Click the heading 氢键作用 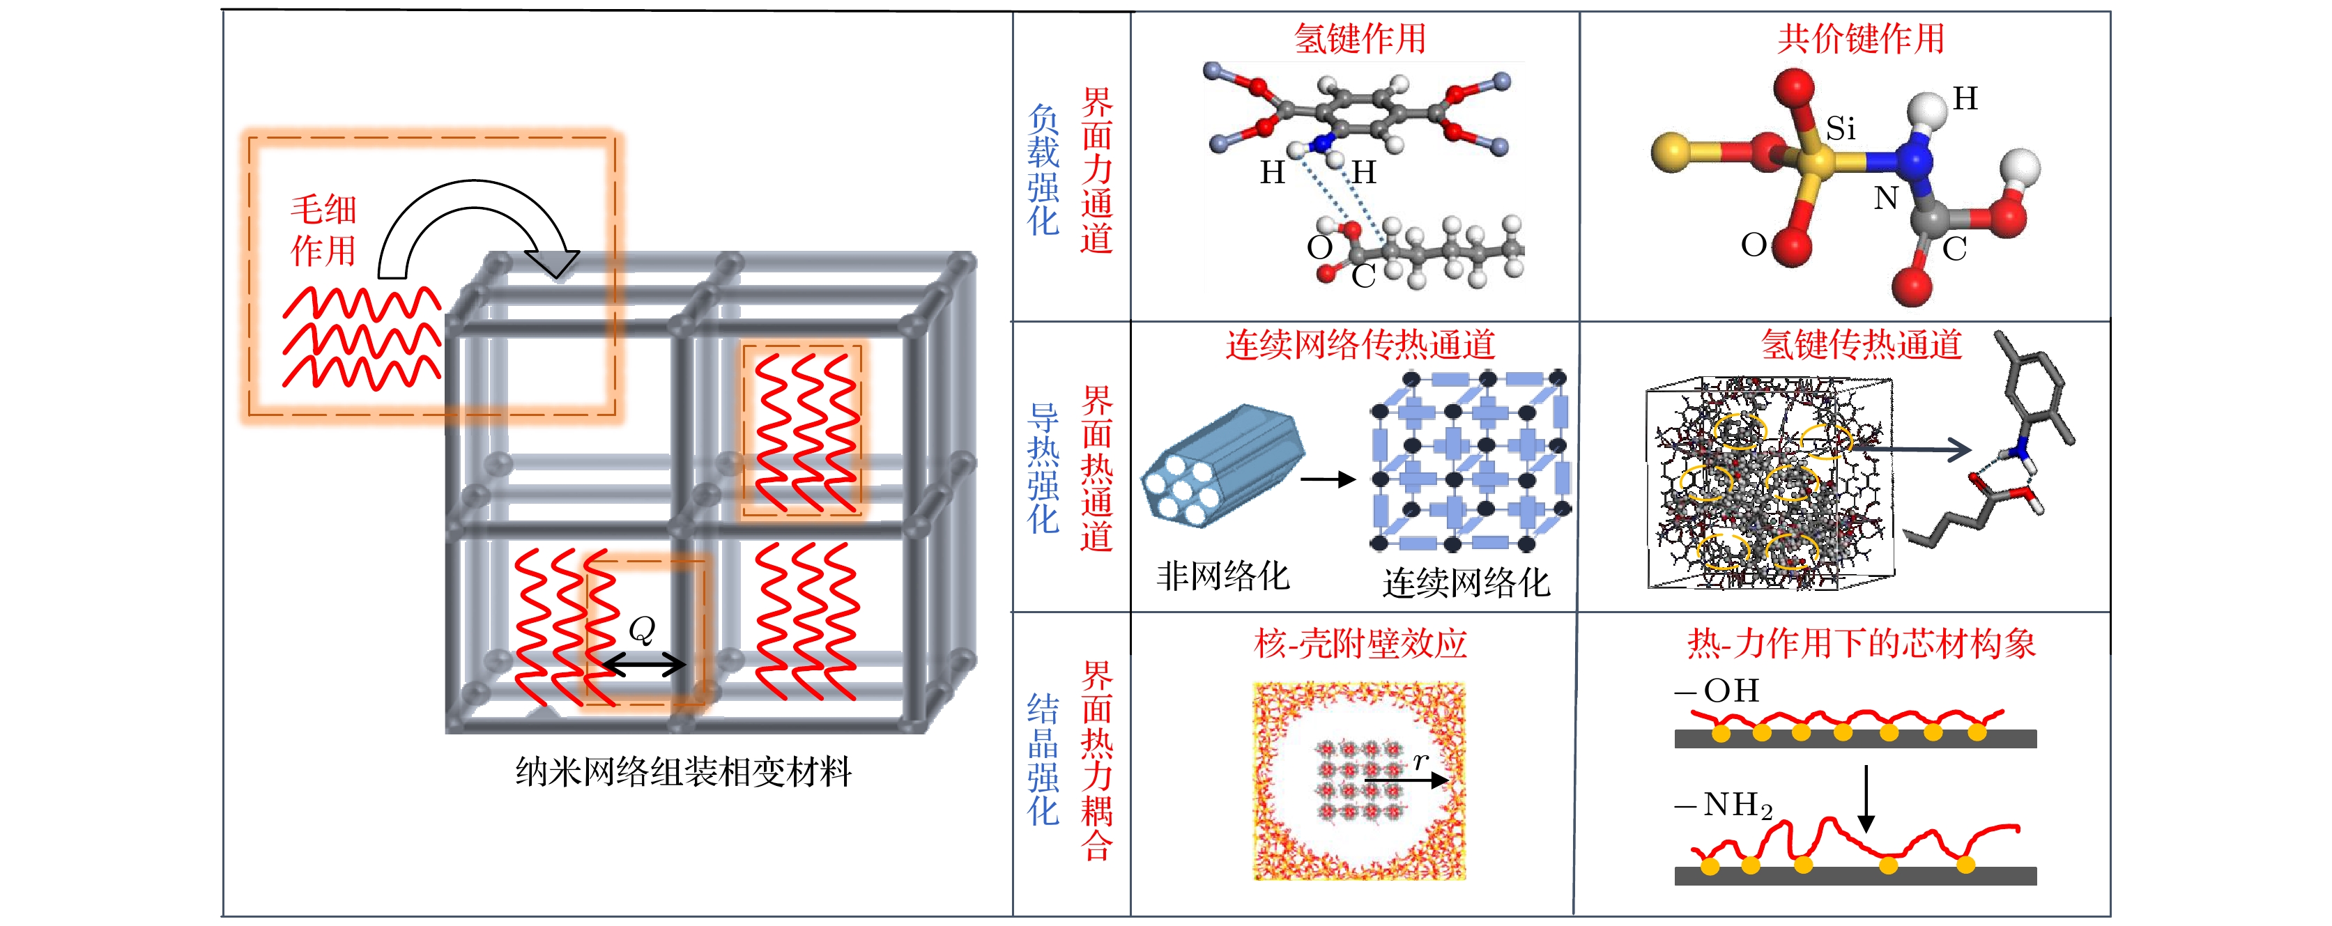click(x=1359, y=39)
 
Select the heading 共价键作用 click(x=1860, y=39)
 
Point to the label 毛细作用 click(x=323, y=230)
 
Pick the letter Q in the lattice click(x=641, y=629)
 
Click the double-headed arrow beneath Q click(x=644, y=665)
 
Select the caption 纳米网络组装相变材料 click(x=684, y=772)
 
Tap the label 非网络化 click(x=1222, y=576)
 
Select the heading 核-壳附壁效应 click(x=1360, y=644)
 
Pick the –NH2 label click(x=1724, y=805)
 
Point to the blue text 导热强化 click(x=1043, y=468)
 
